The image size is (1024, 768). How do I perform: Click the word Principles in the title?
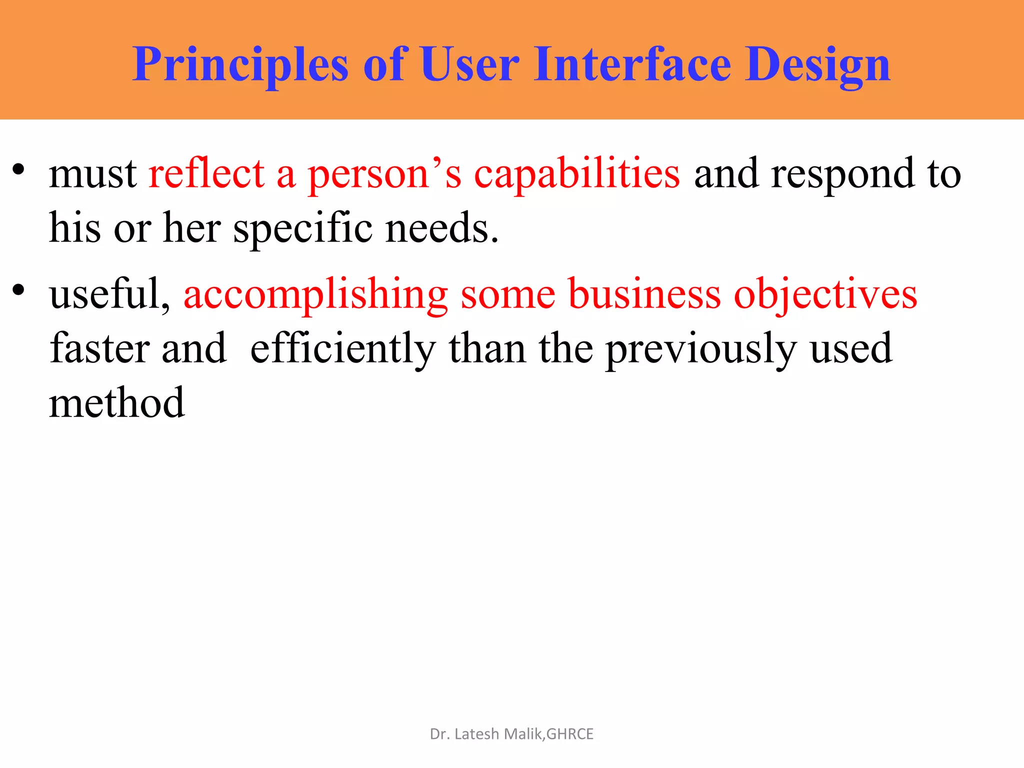pos(240,65)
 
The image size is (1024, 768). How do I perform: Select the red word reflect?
pos(206,174)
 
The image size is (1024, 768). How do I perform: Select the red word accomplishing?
pos(315,295)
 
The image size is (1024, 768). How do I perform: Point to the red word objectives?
pos(825,295)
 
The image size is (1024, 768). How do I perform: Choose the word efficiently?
pos(342,349)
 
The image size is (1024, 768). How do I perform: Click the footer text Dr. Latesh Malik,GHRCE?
pos(511,733)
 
